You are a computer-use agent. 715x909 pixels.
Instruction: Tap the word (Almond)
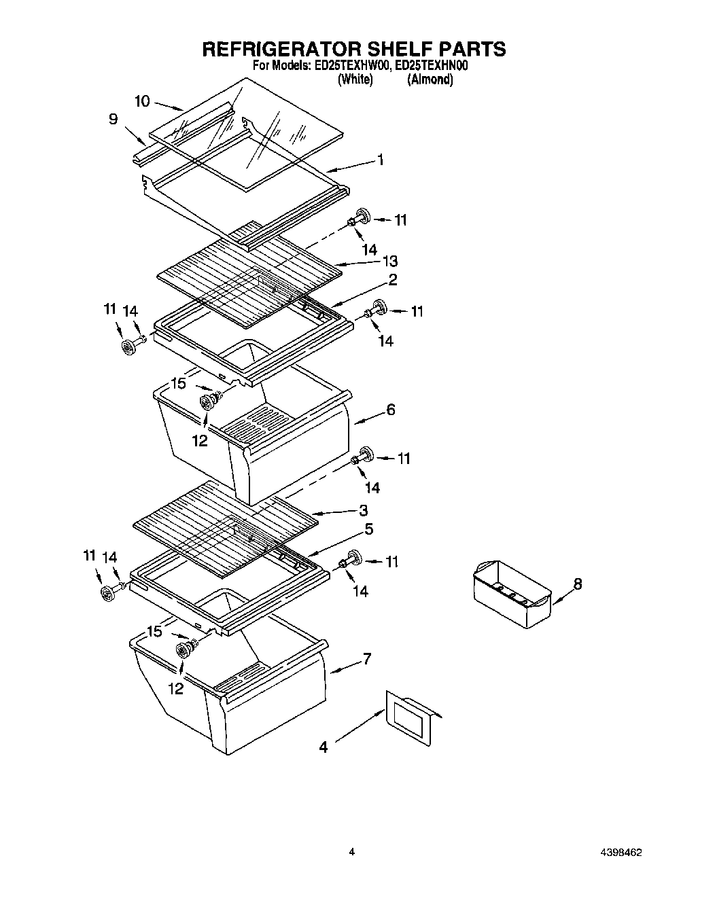tap(430, 79)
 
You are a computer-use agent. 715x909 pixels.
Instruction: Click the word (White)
tap(355, 79)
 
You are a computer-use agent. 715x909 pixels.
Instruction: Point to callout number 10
tap(142, 101)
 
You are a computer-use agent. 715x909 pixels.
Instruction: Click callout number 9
tap(113, 120)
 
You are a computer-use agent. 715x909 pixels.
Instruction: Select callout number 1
tap(381, 160)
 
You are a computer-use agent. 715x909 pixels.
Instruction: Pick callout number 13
tap(389, 261)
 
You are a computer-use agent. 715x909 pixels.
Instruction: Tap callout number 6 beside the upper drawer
tap(391, 410)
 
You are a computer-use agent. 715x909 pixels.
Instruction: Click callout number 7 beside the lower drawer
tap(366, 658)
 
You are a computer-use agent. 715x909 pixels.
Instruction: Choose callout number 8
tap(578, 584)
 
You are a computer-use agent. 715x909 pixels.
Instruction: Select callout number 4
tap(324, 747)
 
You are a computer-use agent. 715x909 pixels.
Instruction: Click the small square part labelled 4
tap(409, 717)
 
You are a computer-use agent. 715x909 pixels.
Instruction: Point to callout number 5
tap(368, 529)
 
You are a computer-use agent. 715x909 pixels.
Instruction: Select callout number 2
tap(393, 279)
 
